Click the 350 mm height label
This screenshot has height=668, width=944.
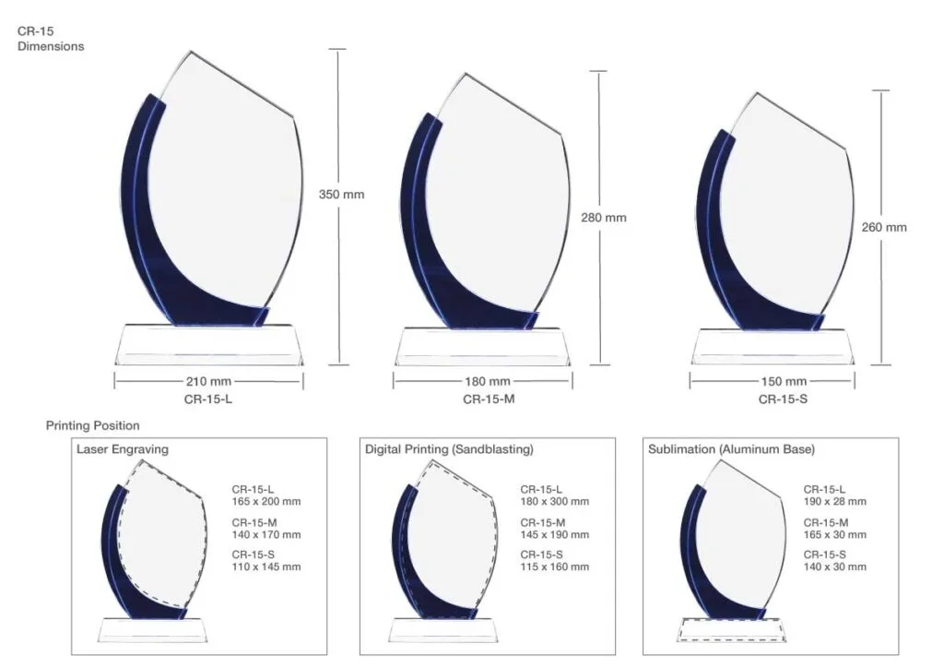[341, 195]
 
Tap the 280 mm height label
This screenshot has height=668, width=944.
[603, 218]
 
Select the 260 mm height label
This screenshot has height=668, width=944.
[884, 227]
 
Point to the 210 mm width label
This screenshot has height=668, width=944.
[208, 381]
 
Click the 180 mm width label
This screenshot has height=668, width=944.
[487, 381]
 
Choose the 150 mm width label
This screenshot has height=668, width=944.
[784, 381]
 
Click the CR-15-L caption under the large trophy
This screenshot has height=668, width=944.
[207, 400]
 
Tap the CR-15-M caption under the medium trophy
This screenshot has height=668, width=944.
[489, 400]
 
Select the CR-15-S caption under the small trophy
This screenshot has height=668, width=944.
[783, 400]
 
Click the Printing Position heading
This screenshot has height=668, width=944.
[93, 426]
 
